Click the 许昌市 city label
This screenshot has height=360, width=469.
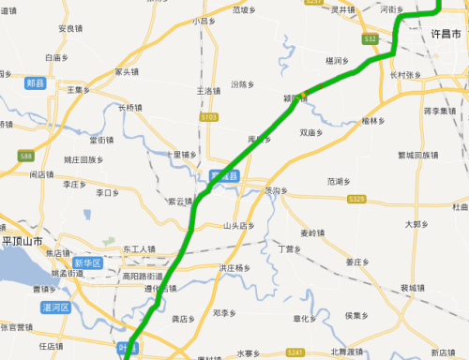[x=446, y=34]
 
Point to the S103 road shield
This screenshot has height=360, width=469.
[x=208, y=118]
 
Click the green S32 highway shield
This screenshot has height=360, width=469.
[x=371, y=39]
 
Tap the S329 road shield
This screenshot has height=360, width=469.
[x=356, y=199]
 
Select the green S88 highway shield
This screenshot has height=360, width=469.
[x=24, y=157]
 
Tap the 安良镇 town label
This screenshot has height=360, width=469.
[x=71, y=29]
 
